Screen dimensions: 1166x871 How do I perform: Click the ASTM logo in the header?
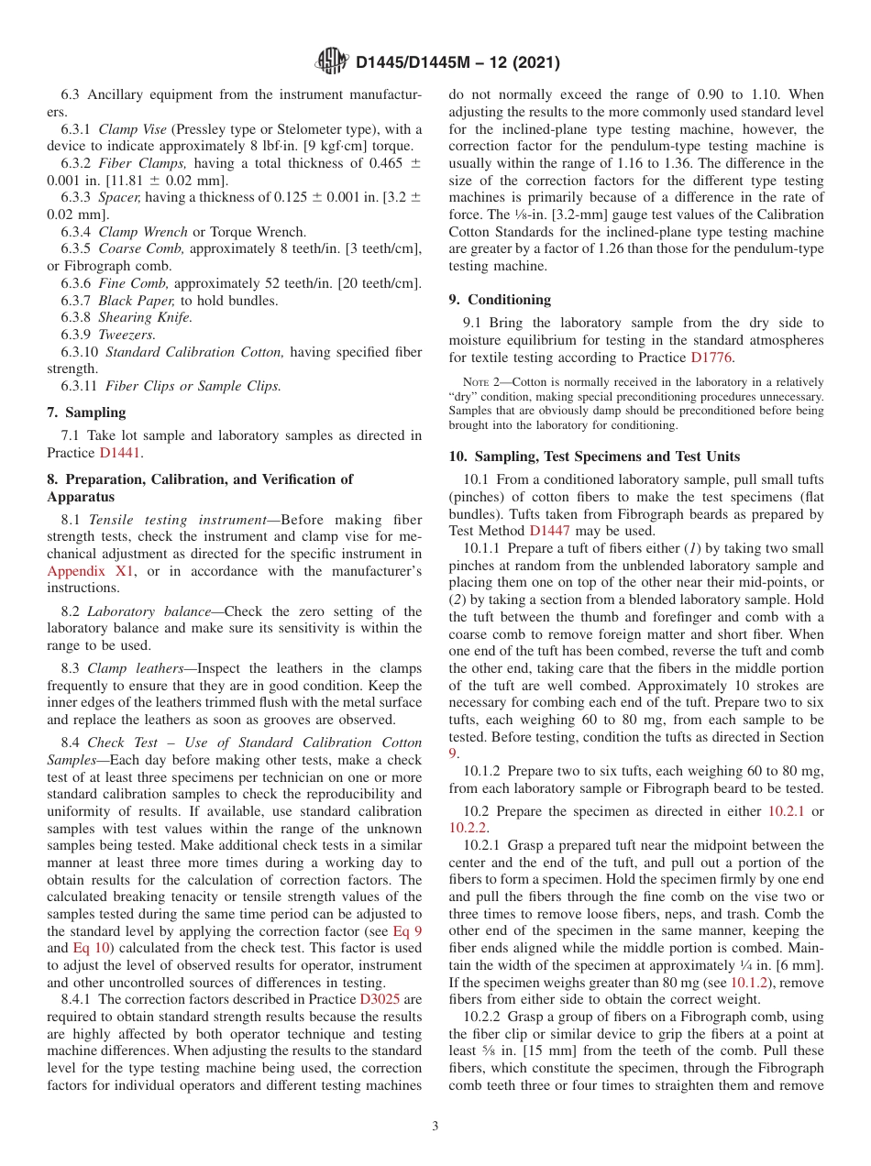331,61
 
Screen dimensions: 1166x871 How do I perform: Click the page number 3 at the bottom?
435,1126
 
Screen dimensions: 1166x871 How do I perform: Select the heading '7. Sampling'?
86,412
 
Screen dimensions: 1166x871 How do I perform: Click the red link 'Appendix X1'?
90,571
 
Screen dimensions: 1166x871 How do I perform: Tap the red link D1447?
550,530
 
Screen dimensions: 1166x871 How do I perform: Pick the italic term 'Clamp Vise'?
132,129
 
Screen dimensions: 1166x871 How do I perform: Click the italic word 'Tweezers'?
127,335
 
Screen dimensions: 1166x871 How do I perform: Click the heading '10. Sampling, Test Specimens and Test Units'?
594,456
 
